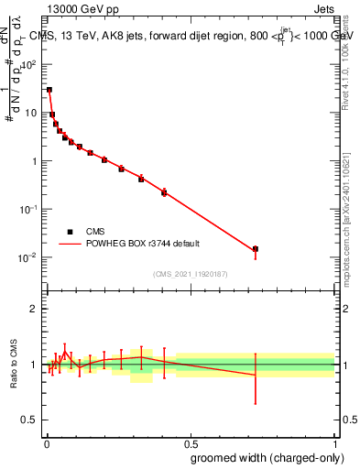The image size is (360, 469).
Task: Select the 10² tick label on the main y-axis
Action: (x=29, y=65)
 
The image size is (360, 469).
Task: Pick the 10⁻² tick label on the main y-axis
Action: (x=29, y=257)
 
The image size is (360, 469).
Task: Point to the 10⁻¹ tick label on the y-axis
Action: (x=29, y=209)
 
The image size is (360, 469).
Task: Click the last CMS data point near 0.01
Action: (x=256, y=249)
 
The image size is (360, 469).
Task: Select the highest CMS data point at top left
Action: (x=49, y=90)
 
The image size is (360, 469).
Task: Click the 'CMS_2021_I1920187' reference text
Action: (x=191, y=274)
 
